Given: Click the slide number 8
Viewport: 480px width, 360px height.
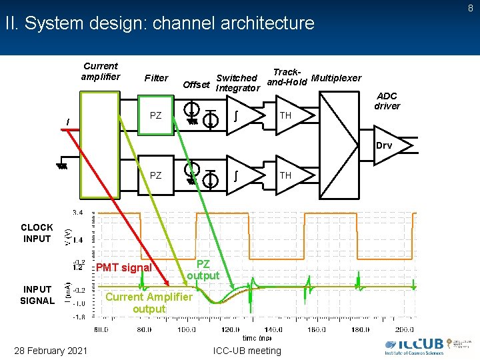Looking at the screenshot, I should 471,8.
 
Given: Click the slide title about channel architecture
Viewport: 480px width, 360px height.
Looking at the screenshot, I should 159,23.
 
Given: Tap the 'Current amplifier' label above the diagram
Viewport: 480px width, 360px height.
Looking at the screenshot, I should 101,71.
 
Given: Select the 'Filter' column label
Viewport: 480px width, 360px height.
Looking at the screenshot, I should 156,78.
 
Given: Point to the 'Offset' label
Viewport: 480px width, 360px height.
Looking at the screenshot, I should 196,85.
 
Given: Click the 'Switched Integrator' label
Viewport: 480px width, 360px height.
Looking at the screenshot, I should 237,83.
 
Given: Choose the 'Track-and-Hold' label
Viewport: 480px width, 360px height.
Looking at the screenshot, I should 287,77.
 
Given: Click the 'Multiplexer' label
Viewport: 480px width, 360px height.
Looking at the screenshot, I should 336,78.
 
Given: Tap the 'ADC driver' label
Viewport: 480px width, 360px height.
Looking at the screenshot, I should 387,101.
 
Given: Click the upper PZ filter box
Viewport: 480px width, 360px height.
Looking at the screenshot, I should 155,115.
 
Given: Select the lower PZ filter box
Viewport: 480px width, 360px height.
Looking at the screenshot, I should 155,176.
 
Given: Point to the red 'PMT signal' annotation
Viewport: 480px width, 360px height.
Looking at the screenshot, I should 124,268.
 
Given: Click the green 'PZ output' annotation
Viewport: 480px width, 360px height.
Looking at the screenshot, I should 203,270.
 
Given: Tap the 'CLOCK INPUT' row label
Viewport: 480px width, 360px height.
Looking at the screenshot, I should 37,233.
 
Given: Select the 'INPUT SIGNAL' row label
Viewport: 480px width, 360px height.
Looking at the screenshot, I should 37,295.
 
